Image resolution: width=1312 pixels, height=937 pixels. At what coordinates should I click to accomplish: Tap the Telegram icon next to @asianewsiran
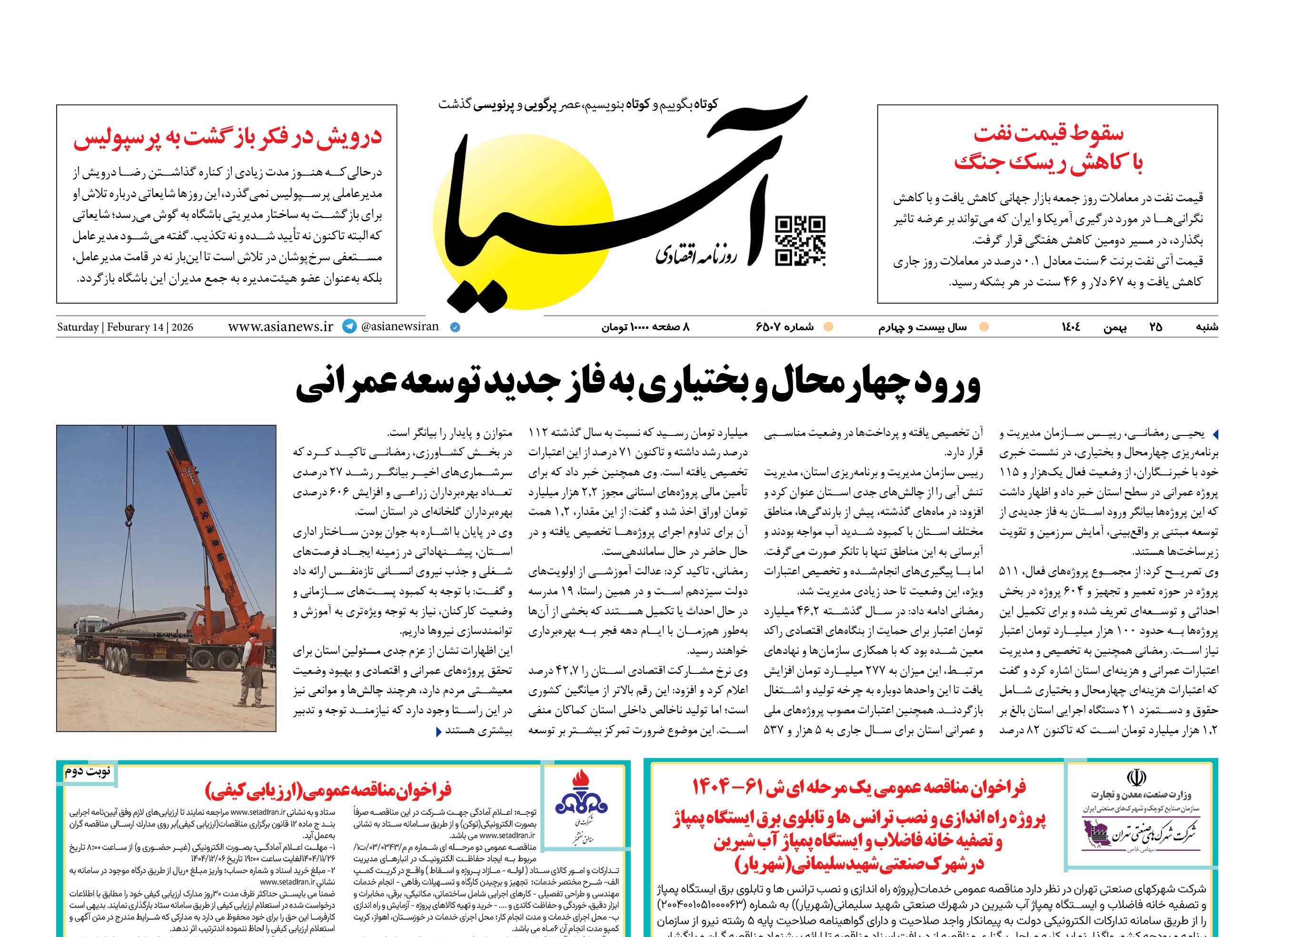(x=349, y=326)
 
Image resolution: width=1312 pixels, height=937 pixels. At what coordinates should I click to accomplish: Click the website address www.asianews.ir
(x=280, y=326)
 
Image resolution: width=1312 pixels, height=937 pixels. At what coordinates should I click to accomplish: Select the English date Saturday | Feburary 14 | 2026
(x=125, y=327)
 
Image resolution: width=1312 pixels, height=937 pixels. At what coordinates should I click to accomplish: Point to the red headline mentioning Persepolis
(x=228, y=138)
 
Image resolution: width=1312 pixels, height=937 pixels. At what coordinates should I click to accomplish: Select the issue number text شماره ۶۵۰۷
(x=785, y=327)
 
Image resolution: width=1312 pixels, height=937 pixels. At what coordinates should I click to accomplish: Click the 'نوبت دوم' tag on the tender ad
(x=88, y=771)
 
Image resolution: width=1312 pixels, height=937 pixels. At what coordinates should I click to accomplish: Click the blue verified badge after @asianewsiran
(x=455, y=327)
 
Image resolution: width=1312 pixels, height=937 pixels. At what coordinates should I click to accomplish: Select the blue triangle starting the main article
(x=1215, y=434)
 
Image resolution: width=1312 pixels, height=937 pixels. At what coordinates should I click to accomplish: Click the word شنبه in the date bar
(x=1206, y=327)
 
